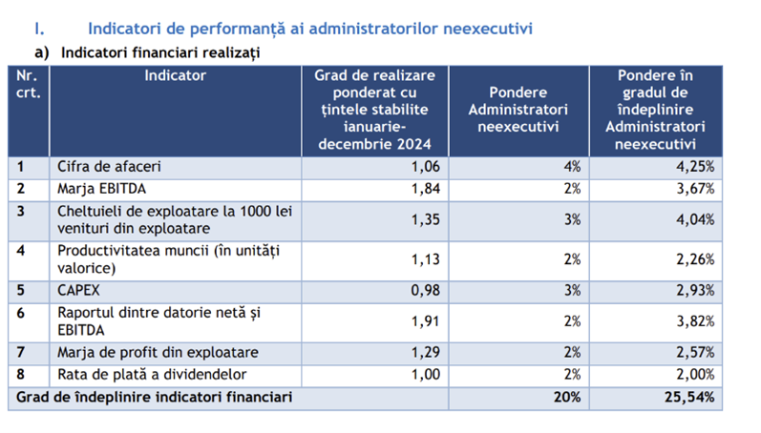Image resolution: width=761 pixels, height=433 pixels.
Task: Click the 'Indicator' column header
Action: coord(175,75)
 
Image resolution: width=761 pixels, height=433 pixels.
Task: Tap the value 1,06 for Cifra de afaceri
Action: coord(426,167)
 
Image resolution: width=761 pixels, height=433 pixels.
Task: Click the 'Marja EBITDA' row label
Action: coord(101,189)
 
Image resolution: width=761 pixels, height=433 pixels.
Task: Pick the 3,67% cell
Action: coord(695,189)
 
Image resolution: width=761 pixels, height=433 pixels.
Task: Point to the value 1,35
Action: coord(426,219)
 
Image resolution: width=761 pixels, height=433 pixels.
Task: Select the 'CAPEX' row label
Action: coord(78,291)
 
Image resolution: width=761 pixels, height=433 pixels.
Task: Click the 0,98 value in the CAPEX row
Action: coord(426,291)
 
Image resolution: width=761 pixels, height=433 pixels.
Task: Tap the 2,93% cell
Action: coord(695,291)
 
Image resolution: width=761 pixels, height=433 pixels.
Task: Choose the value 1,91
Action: coord(426,321)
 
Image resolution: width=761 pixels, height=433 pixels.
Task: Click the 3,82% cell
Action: coord(695,321)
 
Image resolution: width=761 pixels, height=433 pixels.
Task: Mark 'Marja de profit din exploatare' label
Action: coord(158,353)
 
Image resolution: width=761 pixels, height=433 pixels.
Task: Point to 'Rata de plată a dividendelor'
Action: coord(152,374)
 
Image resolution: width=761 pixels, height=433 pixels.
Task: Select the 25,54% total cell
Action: coord(689,397)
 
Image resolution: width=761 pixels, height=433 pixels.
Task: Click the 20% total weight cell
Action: coord(567,397)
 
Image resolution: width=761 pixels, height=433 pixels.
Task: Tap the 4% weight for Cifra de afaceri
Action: coord(572,167)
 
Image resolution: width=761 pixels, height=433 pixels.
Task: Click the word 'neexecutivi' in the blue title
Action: coord(488,29)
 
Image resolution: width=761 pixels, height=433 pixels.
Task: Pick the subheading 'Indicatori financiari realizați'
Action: coord(160,52)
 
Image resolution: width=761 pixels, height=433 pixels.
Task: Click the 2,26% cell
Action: coord(695,259)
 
